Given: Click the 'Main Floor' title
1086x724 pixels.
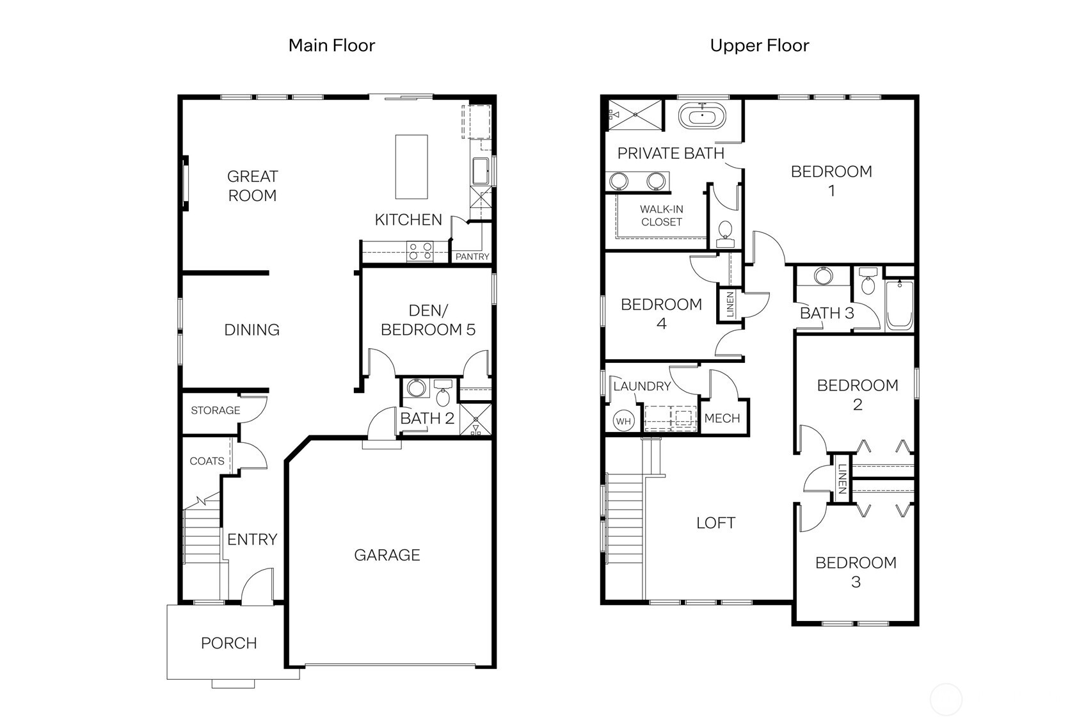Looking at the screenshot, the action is pyautogui.click(x=331, y=45).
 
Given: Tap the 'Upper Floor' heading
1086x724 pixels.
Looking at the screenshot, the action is pyautogui.click(x=759, y=45).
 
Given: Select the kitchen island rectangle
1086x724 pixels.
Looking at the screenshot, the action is pyautogui.click(x=411, y=167).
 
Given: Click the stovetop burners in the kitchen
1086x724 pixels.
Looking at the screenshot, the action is pyautogui.click(x=420, y=252).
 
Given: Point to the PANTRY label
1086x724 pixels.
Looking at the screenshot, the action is pyautogui.click(x=472, y=257).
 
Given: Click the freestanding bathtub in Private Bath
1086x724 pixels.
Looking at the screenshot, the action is pyautogui.click(x=702, y=116).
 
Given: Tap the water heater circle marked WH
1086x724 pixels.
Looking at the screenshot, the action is pyautogui.click(x=623, y=421).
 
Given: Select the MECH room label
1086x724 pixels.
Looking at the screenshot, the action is pyautogui.click(x=722, y=418).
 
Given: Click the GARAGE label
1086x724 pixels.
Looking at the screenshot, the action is pyautogui.click(x=387, y=555).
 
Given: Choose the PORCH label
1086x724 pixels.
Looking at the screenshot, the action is pyautogui.click(x=229, y=643).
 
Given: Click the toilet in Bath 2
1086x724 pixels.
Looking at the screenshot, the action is pyautogui.click(x=443, y=393).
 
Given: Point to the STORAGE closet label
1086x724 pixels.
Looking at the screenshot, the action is pyautogui.click(x=215, y=410).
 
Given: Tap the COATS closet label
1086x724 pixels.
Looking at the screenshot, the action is pyautogui.click(x=207, y=461).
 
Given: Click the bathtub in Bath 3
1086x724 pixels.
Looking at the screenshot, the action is pyautogui.click(x=900, y=305).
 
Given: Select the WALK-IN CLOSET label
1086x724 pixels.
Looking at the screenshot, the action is pyautogui.click(x=661, y=216).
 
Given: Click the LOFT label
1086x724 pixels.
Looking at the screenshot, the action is pyautogui.click(x=715, y=523).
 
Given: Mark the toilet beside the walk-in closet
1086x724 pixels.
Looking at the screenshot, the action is pyautogui.click(x=725, y=234).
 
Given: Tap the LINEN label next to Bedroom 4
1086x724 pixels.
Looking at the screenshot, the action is pyautogui.click(x=730, y=305).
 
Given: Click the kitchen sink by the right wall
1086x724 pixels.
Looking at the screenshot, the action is pyautogui.click(x=481, y=171).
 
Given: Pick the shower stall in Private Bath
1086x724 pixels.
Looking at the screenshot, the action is pyautogui.click(x=635, y=115).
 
